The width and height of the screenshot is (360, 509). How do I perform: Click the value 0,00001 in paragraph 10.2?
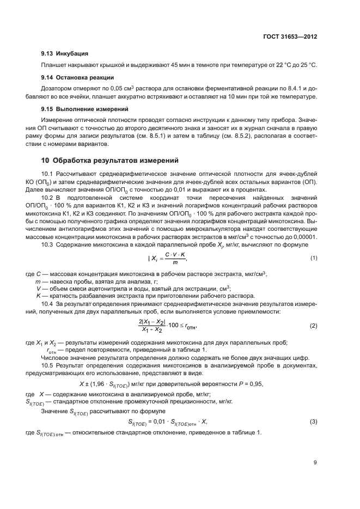(x=304, y=237)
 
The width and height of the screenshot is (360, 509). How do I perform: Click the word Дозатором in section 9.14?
(x=56, y=88)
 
